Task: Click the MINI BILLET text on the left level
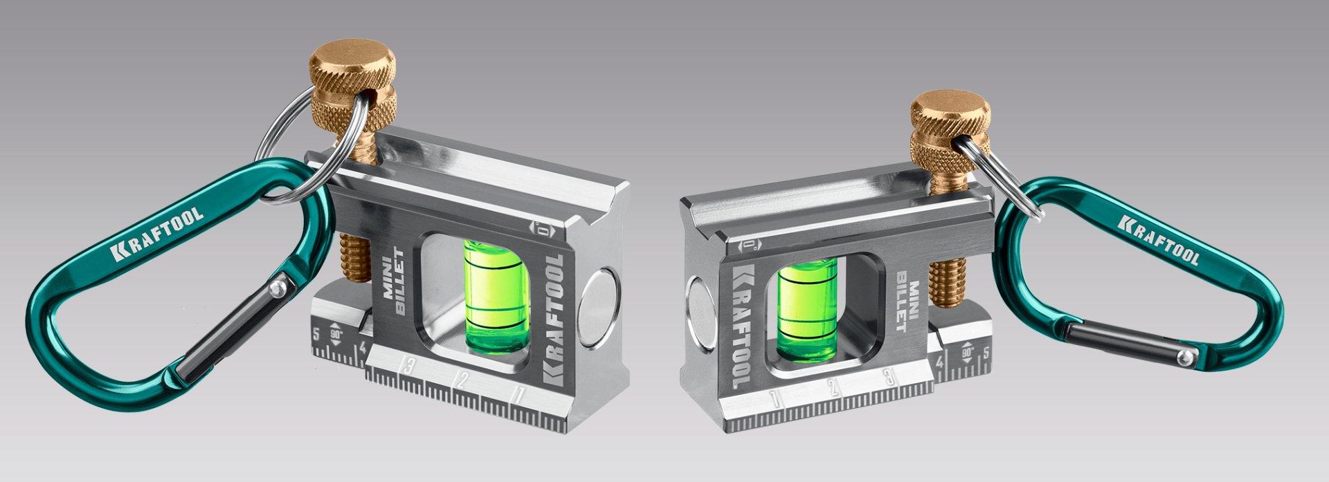point(394,281)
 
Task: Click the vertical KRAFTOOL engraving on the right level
point(738,325)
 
